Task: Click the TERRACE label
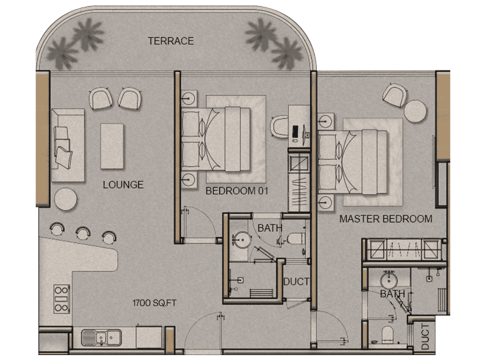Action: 171,41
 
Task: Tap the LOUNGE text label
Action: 123,185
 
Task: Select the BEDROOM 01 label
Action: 237,191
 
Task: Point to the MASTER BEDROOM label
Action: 386,219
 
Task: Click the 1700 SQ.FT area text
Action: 154,303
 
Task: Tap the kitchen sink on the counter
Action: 101,337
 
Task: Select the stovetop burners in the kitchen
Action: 61,299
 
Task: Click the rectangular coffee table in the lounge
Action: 112,146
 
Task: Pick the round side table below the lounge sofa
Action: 66,199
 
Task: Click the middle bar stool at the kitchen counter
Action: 83,233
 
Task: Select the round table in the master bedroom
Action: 415,112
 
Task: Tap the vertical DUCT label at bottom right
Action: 425,337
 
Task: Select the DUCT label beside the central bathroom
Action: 296,282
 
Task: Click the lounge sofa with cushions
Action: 68,145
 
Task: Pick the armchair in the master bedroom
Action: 395,95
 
